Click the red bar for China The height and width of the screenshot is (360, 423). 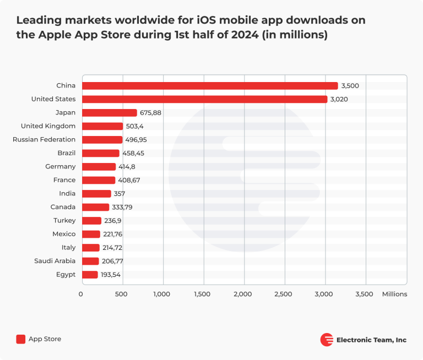click(210, 86)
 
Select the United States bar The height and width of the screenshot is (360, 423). click(204, 99)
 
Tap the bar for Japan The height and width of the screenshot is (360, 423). click(110, 113)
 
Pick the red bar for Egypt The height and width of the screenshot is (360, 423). click(90, 275)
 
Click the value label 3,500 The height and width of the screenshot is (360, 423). click(350, 86)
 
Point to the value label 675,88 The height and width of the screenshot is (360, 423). click(150, 113)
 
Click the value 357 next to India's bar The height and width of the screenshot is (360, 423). click(120, 194)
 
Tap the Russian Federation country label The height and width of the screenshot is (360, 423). click(44, 140)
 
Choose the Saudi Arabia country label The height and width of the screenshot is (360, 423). click(55, 261)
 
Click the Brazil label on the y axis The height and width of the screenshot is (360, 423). click(66, 153)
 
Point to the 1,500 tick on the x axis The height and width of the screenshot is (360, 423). click(203, 294)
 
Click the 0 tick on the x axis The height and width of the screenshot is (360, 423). click(81, 294)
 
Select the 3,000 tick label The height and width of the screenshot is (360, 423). click(324, 294)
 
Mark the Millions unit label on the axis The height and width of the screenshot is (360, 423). click(394, 294)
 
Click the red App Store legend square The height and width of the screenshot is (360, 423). click(21, 339)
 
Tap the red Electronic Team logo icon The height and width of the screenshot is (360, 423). click(327, 340)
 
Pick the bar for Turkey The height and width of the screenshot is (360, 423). click(91, 221)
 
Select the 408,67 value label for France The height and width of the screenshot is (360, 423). click(129, 180)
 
